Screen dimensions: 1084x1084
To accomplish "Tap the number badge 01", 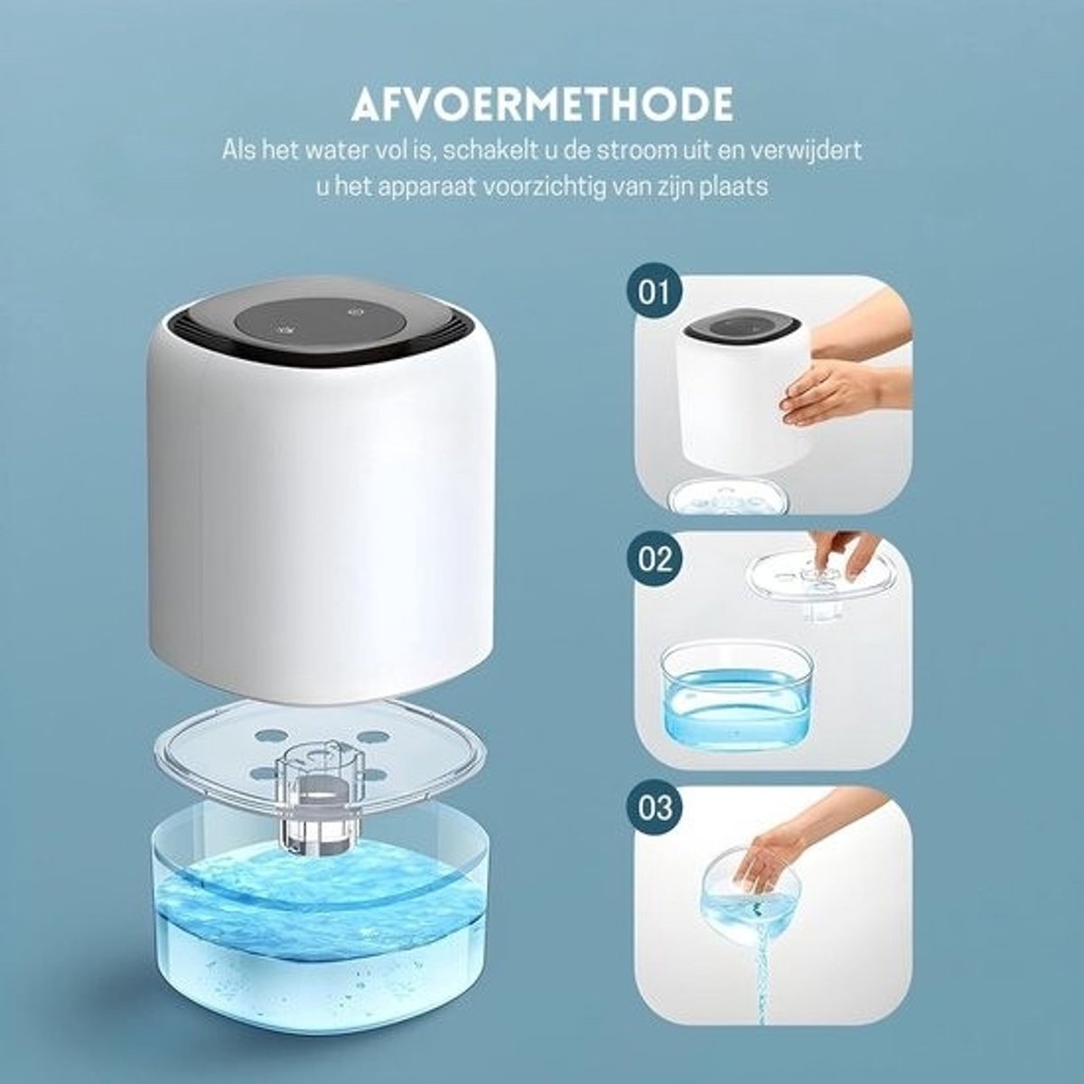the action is coord(654,293).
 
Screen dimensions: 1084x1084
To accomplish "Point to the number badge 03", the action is coord(655,808).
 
